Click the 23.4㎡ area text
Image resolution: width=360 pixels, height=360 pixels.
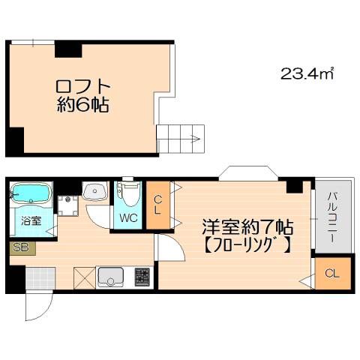pos(307,73)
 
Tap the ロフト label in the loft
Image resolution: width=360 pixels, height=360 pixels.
pos(82,87)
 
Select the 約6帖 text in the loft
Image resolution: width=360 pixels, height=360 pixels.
pos(82,105)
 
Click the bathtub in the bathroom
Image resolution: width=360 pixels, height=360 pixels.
pos(31,193)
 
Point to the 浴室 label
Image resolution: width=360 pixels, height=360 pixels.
pos(31,221)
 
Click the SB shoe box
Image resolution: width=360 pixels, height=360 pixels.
pos(22,248)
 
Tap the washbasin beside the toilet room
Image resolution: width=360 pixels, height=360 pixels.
pos(94,191)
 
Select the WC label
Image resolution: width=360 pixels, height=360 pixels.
pos(128,218)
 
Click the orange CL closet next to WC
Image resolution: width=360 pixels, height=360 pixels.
pos(158,205)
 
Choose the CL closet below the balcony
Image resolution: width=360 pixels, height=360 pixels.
pos(332,274)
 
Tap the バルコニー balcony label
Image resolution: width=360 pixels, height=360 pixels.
pos(332,217)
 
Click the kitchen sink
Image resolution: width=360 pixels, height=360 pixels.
pos(110,277)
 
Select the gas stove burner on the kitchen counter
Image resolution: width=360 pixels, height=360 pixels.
pos(142,277)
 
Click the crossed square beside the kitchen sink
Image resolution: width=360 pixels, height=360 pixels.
pos(85,278)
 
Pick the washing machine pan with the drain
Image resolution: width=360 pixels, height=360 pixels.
pos(67,206)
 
